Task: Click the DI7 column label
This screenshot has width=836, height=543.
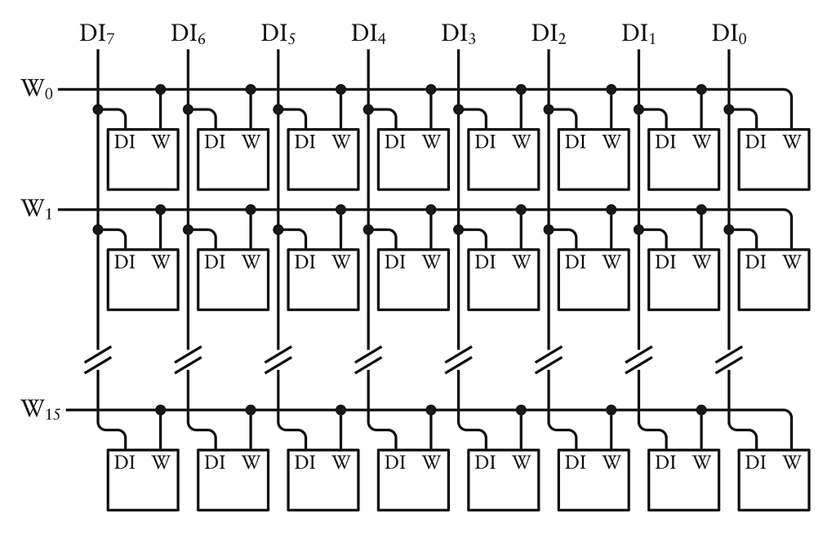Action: coord(98,34)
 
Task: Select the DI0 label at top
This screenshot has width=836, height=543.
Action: coord(729,34)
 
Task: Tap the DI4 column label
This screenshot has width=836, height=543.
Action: coord(368,34)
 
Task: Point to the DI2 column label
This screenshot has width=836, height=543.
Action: coord(549,34)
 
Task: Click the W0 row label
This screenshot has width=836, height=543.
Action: coord(37,88)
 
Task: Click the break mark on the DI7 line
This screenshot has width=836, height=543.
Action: coord(98,358)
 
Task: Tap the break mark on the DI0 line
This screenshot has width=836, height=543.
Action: coord(729,358)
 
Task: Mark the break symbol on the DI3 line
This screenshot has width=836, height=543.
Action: coord(459,358)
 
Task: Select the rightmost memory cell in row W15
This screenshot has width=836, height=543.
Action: coord(774,479)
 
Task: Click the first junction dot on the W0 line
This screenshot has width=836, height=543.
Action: coord(161,88)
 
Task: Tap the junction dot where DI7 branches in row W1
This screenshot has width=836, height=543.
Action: coord(98,229)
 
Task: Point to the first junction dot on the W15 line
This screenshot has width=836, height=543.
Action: coord(161,408)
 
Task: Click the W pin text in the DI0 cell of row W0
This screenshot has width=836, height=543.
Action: coord(791,141)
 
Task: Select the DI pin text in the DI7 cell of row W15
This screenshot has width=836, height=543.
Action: coord(125,462)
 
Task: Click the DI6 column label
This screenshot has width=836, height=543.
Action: coord(188,34)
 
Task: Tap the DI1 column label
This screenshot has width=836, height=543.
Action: coord(638,34)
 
